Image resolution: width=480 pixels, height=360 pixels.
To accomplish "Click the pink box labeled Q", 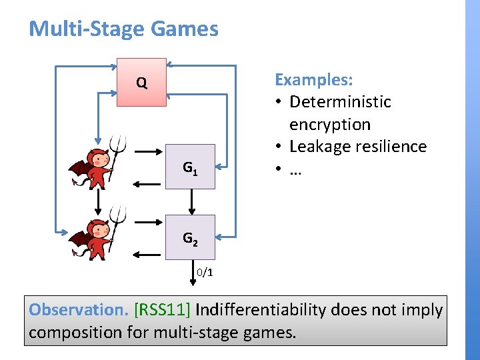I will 141,83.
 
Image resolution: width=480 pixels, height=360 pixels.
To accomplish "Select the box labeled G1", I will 190,167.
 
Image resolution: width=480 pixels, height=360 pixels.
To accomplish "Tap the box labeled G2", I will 190,237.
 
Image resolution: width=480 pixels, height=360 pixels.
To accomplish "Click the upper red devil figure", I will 95,163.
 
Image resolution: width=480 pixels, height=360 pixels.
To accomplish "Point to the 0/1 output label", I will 205,273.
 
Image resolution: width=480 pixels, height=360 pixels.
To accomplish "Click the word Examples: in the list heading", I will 314,80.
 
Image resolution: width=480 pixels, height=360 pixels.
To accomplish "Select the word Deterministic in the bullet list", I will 340,102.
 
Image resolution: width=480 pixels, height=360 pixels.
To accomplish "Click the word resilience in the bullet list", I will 395,147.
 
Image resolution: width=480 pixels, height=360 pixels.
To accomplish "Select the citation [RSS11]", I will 163,310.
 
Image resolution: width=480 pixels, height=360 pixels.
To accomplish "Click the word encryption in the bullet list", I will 330,125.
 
